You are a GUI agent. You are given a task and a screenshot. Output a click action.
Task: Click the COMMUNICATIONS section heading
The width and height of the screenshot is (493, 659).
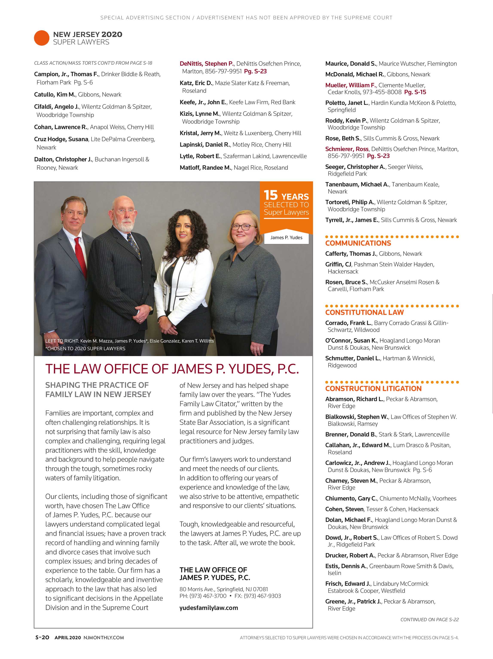[358, 243]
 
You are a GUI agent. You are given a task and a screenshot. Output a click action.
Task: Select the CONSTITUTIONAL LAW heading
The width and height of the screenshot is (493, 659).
[364, 312]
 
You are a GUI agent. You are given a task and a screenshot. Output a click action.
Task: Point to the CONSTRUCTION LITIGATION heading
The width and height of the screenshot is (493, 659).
[373, 388]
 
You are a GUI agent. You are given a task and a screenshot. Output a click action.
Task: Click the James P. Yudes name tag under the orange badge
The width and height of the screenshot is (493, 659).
[286, 237]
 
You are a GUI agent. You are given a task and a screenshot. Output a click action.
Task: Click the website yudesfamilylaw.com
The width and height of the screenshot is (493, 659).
[208, 608]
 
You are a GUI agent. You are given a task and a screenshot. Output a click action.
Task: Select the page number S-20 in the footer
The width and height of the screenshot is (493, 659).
[42, 638]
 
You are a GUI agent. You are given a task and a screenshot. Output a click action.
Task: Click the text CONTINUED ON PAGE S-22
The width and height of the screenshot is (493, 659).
[429, 619]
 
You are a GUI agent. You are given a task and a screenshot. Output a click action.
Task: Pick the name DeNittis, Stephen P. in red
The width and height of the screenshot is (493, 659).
[207, 64]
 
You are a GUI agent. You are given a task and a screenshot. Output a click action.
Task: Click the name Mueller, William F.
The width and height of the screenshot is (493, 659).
[350, 85]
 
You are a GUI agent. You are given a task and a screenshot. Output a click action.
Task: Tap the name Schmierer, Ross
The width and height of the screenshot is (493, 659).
[347, 149]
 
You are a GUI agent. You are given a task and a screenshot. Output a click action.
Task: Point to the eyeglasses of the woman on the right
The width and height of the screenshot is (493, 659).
[242, 227]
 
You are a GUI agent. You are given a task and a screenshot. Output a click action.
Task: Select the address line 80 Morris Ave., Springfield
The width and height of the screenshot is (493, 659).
[224, 589]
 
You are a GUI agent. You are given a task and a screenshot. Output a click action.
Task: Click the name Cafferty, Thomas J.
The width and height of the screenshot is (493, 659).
[351, 254]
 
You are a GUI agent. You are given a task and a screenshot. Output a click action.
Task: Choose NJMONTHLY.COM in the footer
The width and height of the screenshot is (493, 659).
[104, 638]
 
